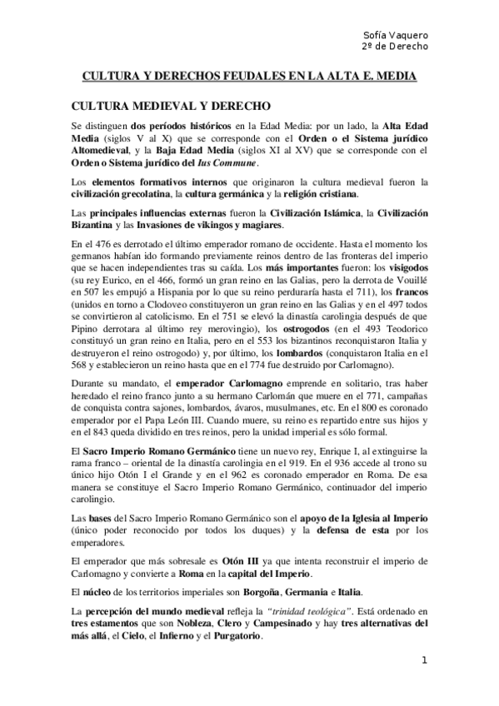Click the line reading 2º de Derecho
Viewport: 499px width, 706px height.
coord(396,46)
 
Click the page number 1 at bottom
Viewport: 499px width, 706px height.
coord(424,660)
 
